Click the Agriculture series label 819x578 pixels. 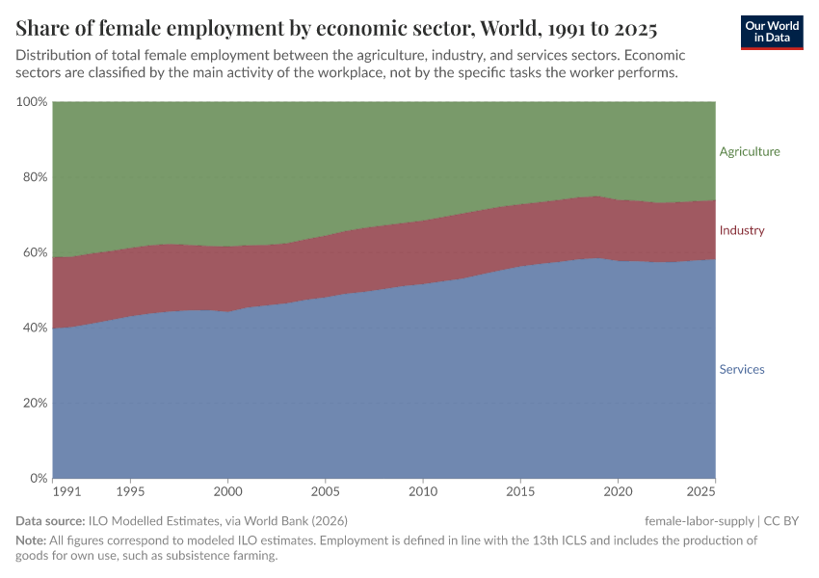[x=750, y=151]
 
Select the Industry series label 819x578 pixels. [x=742, y=230]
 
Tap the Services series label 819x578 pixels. [x=742, y=369]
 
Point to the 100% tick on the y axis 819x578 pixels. [x=31, y=102]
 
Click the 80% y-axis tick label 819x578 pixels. [x=34, y=177]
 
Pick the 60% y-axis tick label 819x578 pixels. [x=34, y=252]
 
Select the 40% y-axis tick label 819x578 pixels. [x=34, y=328]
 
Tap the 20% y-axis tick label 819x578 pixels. [x=34, y=403]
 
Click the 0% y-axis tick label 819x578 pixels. [x=38, y=478]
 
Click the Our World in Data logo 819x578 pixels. [x=771, y=32]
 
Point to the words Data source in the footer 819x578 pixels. [x=50, y=521]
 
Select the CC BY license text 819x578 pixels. [x=781, y=521]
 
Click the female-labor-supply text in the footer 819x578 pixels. [x=700, y=521]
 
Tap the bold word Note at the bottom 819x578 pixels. [x=31, y=540]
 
